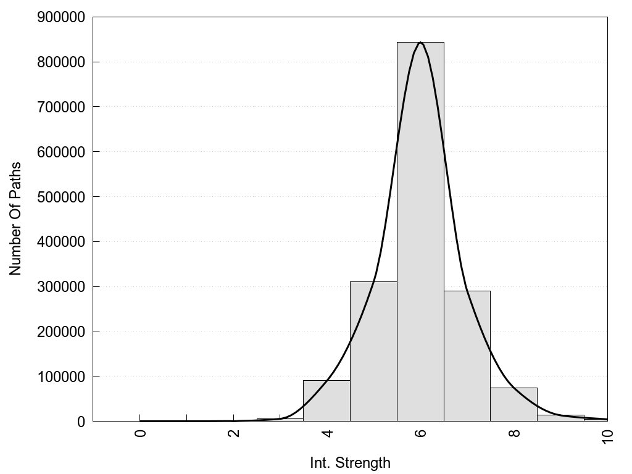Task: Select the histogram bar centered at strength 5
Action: click(373, 351)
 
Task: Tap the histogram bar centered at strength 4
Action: click(326, 401)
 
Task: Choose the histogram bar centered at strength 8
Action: click(514, 404)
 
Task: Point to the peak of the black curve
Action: click(420, 43)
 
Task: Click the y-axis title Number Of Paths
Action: click(15, 218)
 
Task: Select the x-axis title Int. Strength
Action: click(350, 463)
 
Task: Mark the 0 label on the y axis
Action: click(80, 422)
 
